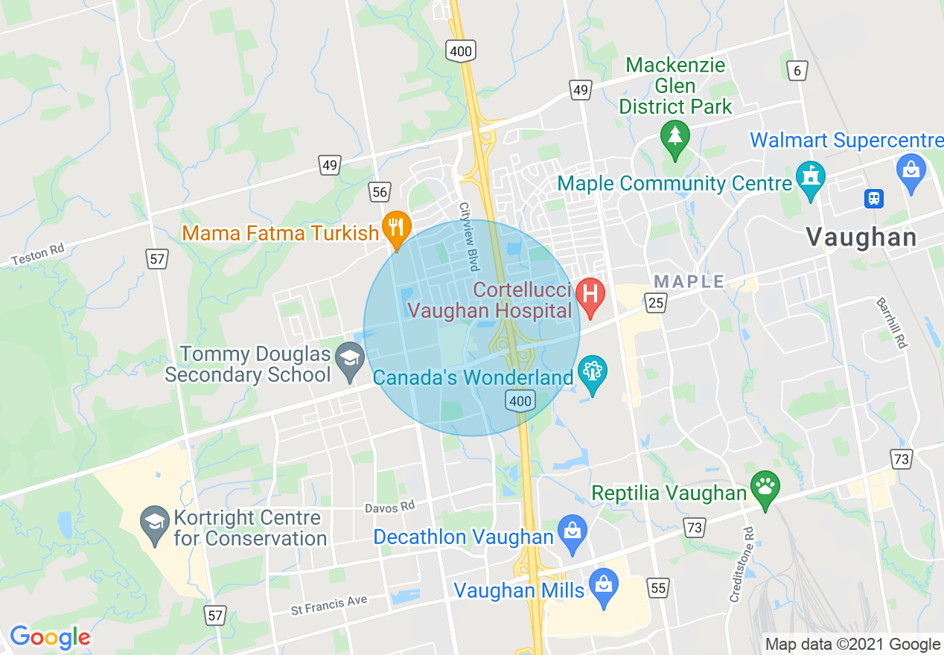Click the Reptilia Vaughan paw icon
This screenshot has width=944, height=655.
tap(765, 488)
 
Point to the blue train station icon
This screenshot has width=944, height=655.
tap(873, 199)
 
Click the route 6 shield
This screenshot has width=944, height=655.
tap(797, 71)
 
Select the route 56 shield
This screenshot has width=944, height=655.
tap(380, 192)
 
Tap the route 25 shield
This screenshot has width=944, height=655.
tap(656, 302)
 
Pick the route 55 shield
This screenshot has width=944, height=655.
tap(658, 588)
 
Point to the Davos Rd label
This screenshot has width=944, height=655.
tap(389, 508)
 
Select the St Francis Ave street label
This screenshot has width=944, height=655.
tap(328, 605)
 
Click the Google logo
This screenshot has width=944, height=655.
tap(49, 637)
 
